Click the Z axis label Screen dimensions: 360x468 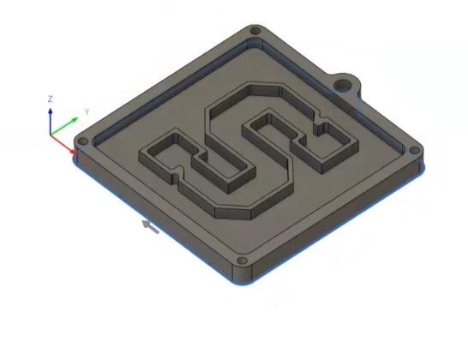(x=51, y=99)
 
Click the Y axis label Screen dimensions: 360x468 (x=87, y=111)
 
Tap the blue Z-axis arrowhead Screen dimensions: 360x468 (x=51, y=111)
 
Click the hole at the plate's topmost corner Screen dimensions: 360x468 (x=255, y=32)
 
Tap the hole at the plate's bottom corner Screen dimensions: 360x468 (x=243, y=260)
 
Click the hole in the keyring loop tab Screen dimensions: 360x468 (x=343, y=85)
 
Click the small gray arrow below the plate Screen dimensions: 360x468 (x=150, y=226)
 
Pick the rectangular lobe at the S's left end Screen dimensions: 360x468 (x=163, y=154)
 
